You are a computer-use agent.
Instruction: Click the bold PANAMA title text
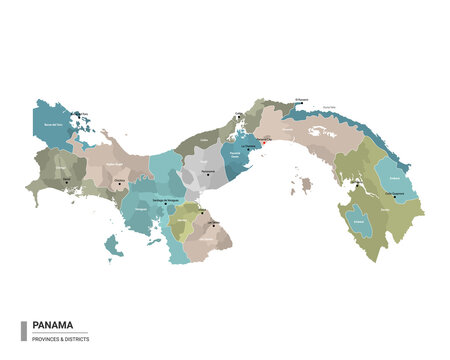pos(51,324)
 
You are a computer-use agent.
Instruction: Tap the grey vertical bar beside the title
pos(23,330)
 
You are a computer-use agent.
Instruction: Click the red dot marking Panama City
pos(263,140)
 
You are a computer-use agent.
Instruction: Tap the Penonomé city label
pos(207,171)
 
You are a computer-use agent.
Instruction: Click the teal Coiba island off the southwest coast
pos(114,243)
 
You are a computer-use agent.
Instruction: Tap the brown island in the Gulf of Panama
pos(307,185)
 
